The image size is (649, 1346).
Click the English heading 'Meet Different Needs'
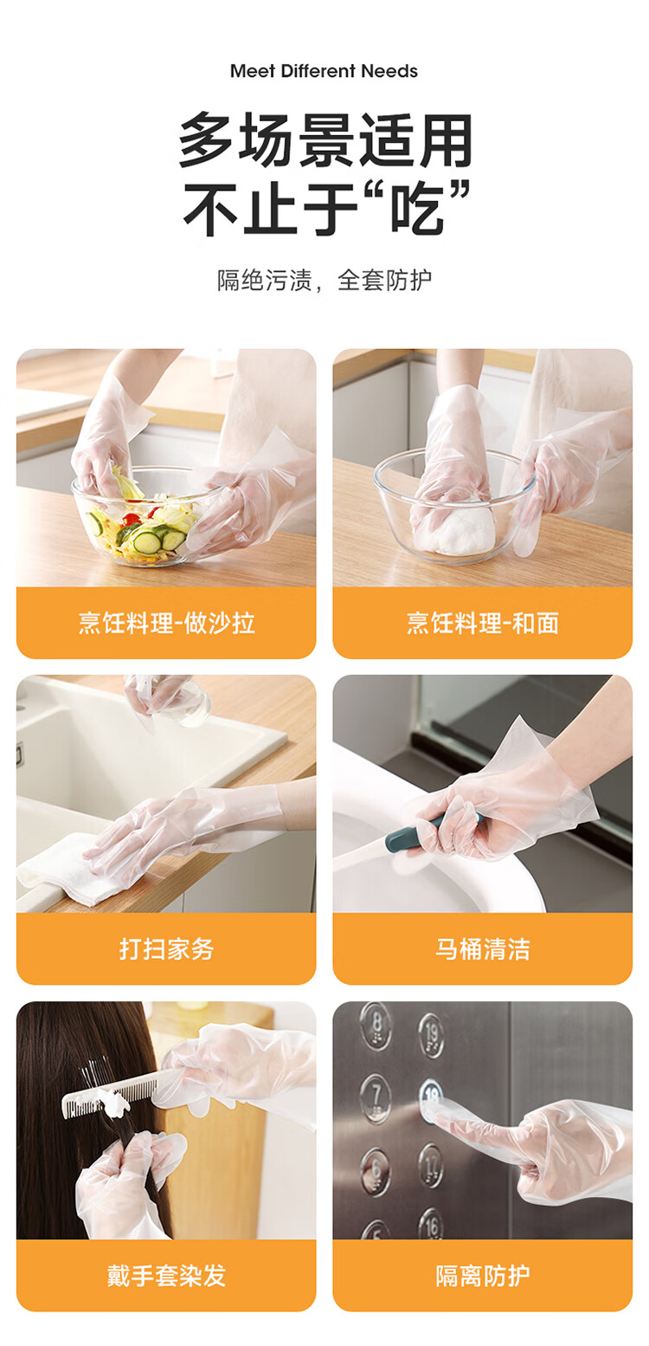coord(324,71)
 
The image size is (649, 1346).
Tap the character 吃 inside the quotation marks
coord(418,206)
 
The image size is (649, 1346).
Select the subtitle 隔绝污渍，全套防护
coord(324,280)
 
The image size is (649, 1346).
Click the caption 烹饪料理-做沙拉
coord(166,623)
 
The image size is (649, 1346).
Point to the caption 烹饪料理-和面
coord(483,623)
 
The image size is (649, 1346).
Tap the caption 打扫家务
coord(166,948)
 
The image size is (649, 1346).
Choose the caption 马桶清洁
coord(483,948)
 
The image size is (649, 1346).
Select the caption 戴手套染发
coord(166,1275)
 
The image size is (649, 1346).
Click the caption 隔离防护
coord(483,1275)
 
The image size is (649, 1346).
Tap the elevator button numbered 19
coord(431,1034)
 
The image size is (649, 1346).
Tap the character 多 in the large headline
coord(206,139)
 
